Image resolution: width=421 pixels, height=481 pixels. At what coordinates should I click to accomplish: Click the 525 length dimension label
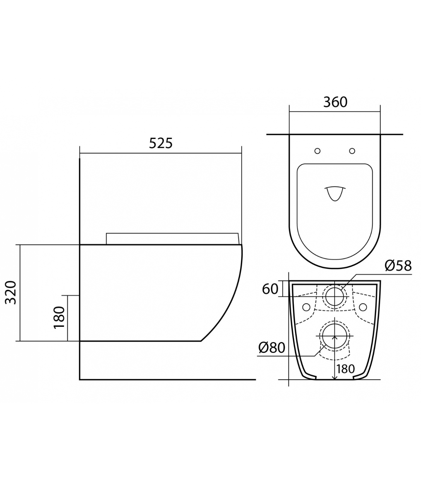coord(161,143)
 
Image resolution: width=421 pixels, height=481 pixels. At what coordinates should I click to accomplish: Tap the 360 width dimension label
coord(335,102)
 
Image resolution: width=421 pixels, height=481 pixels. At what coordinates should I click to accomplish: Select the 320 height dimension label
coord(11,293)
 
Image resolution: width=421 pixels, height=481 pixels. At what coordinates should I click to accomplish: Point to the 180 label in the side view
coord(59,317)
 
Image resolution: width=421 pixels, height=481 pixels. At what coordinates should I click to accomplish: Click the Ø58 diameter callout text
coord(398,266)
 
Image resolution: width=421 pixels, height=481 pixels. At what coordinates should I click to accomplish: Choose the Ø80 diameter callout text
coord(272,348)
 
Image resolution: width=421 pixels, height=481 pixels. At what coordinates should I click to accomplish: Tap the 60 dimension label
coord(270,289)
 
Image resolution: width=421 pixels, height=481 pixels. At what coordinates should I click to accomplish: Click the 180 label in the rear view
coord(346,369)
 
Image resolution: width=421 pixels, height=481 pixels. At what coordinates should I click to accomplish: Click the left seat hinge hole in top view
coord(318,151)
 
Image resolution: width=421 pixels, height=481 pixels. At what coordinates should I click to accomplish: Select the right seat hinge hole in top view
coord(352,151)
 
